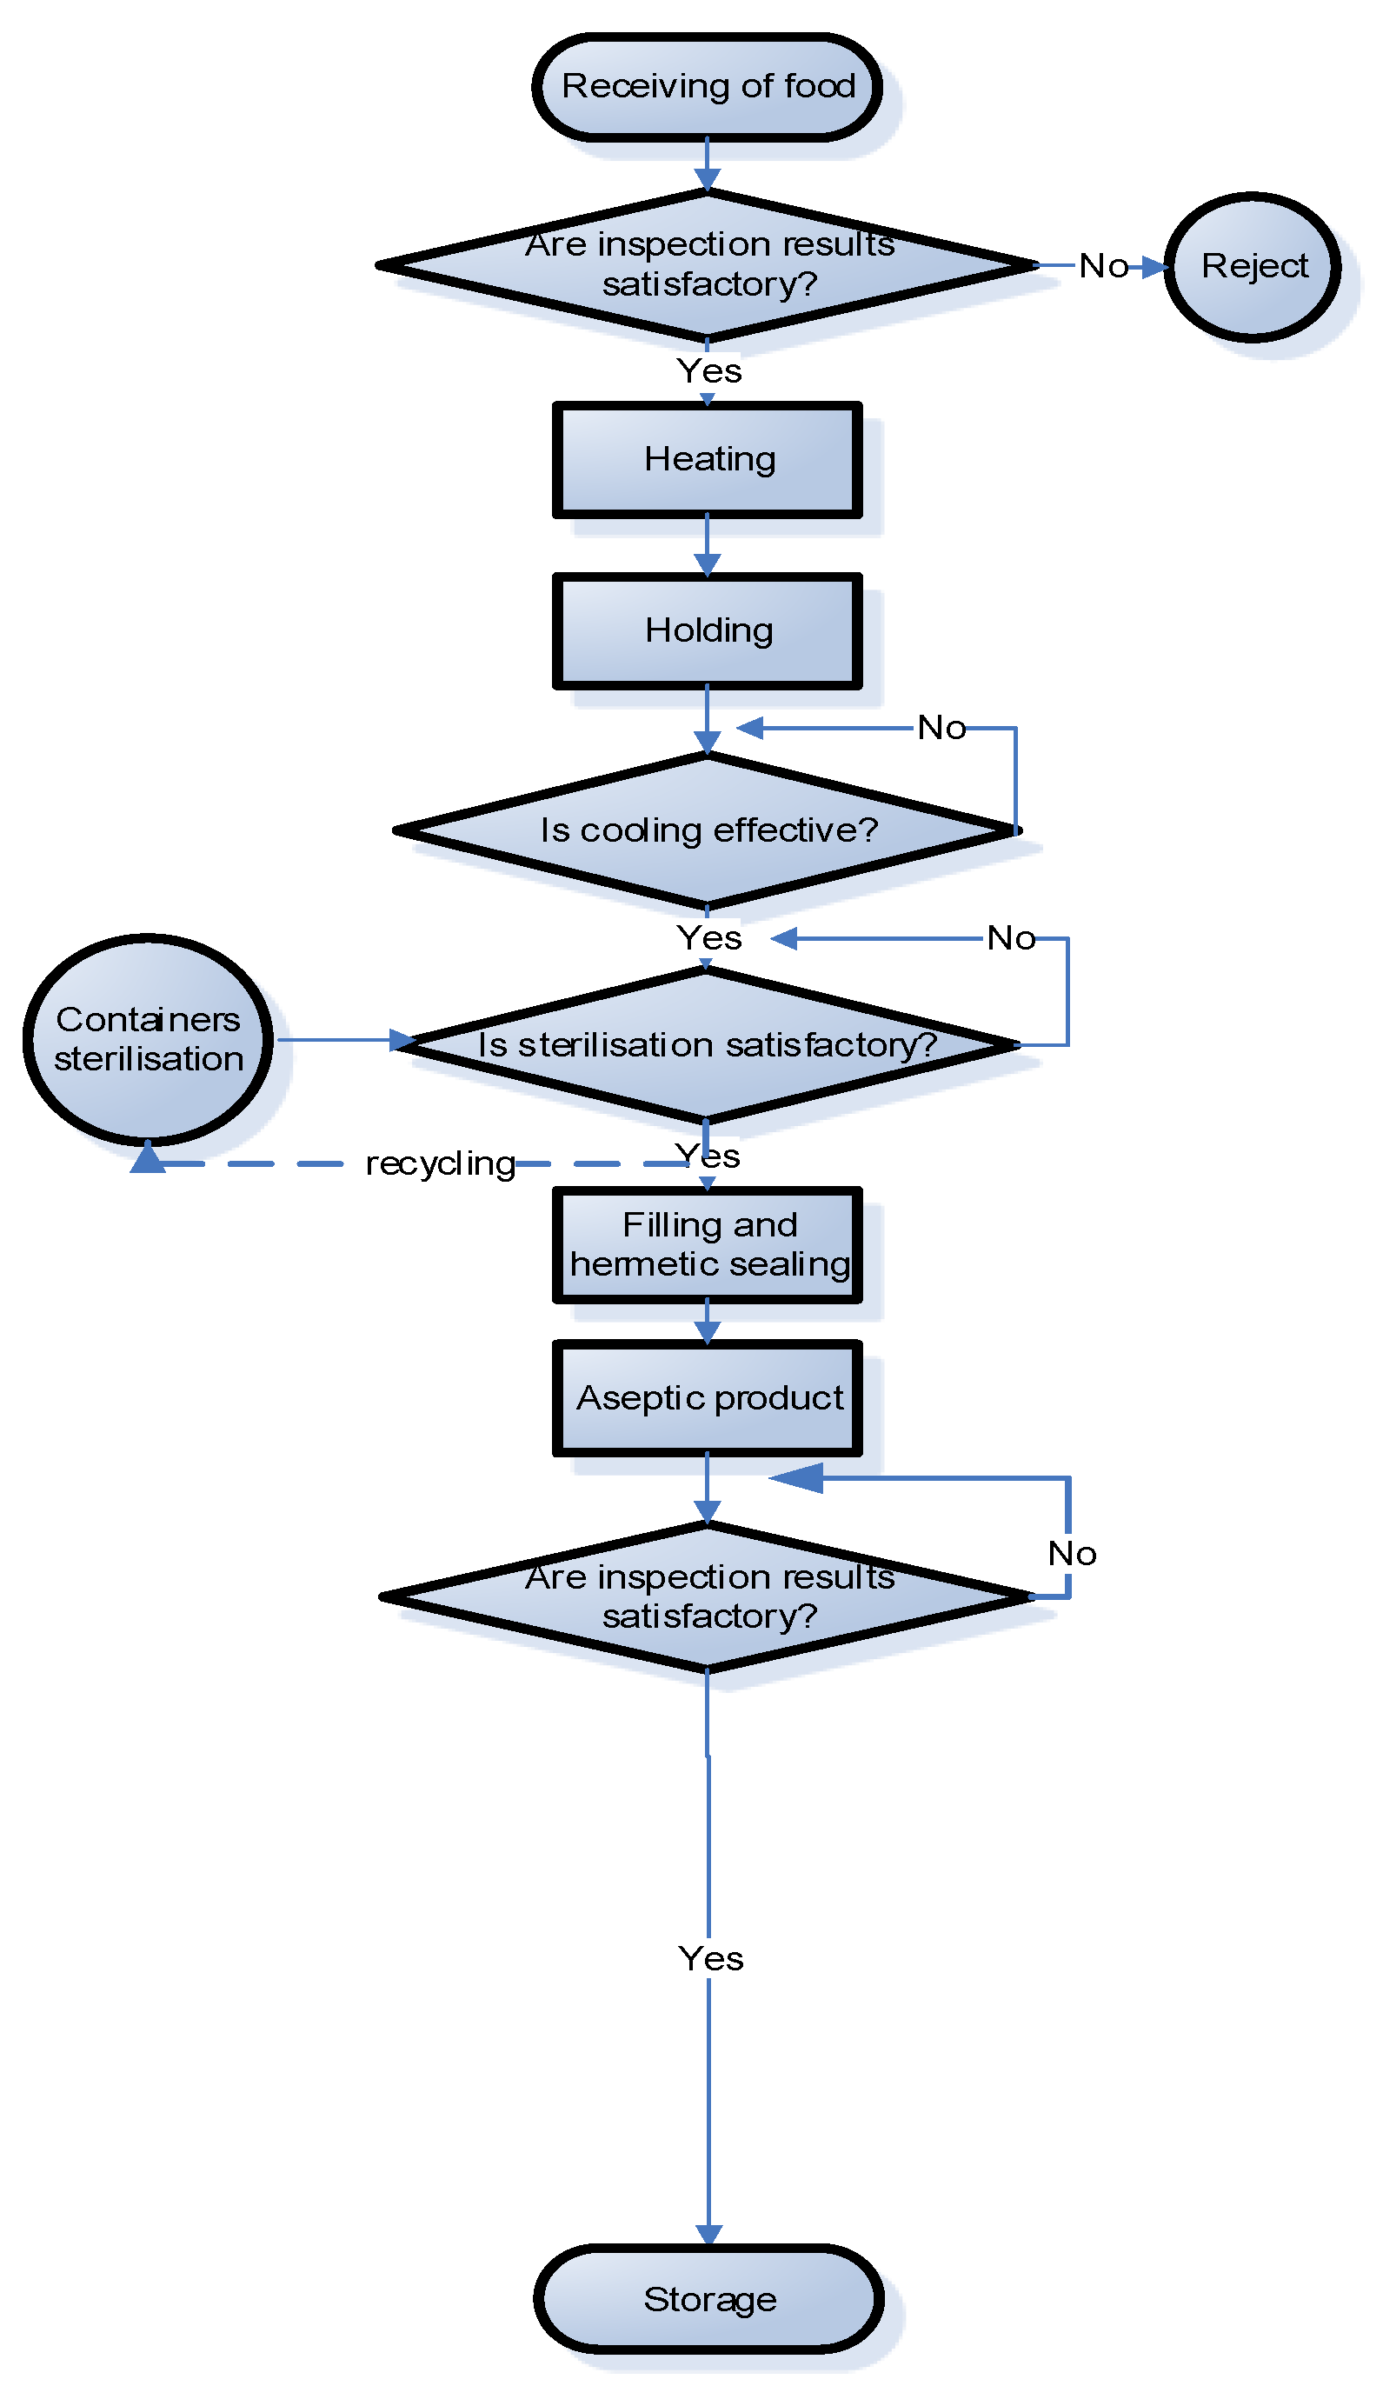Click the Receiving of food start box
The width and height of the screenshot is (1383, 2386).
tap(707, 87)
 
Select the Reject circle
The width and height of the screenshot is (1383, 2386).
tap(1252, 267)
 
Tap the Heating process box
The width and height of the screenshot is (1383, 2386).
tap(707, 460)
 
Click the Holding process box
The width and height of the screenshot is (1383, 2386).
tap(707, 630)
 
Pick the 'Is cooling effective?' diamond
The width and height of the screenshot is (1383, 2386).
tap(707, 830)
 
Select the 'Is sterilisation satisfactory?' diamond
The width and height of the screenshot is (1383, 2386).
tap(707, 1044)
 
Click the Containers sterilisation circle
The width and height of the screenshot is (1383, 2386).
tap(149, 1040)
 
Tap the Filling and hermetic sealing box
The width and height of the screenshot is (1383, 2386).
tap(707, 1244)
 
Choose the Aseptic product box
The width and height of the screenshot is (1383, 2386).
tap(707, 1397)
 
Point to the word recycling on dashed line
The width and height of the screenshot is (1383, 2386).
tap(440, 1163)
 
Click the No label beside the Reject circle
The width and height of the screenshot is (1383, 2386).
tap(1103, 266)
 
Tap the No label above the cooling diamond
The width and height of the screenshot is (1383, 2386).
tap(941, 728)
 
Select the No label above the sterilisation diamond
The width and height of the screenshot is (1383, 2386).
tap(1010, 938)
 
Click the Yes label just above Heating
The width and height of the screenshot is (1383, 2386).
tap(709, 371)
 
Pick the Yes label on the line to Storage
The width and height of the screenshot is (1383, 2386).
tap(710, 1958)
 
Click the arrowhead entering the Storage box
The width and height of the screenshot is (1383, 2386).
tap(709, 2236)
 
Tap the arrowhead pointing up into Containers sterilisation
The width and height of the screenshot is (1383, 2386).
tap(148, 1157)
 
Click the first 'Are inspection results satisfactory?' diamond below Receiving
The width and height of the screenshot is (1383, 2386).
tap(707, 266)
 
